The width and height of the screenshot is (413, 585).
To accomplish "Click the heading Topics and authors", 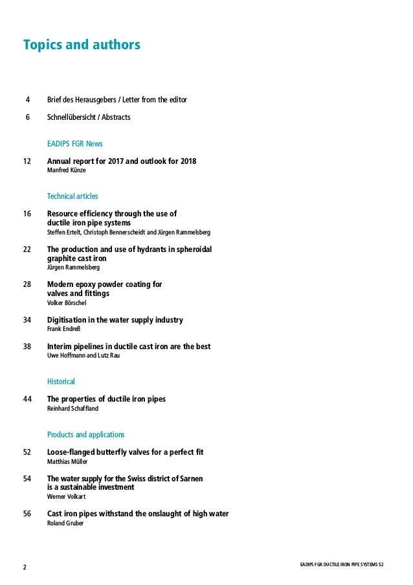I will coord(82,45).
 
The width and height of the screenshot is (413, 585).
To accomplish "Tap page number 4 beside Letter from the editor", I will coord(27,100).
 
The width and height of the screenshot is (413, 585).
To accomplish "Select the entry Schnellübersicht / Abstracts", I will coord(89,118).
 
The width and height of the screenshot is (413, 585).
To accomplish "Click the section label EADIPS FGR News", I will coord(75,143).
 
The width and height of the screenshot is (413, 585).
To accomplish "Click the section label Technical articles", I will coord(73,196).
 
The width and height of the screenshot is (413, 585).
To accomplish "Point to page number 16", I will coord(27,213).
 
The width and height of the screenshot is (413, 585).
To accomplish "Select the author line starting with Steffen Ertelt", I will coord(128,232).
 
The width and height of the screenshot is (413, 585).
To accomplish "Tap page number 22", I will coord(27,249).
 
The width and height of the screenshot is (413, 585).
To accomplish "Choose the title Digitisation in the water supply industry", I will coord(115,320).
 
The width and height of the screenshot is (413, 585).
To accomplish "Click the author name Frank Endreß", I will coord(63,328).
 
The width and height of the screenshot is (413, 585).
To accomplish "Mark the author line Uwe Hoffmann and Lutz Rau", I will coord(83,355).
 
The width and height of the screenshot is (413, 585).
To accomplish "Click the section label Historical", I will coord(61,382).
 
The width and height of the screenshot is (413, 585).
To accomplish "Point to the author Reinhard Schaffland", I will coord(73,408).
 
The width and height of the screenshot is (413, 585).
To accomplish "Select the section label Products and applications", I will coord(86,434).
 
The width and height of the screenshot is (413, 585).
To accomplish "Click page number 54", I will coord(27,478).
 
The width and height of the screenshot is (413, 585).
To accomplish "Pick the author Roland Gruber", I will coord(65,523).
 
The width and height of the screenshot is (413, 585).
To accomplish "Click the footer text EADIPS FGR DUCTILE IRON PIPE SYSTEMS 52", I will coord(337,565).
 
